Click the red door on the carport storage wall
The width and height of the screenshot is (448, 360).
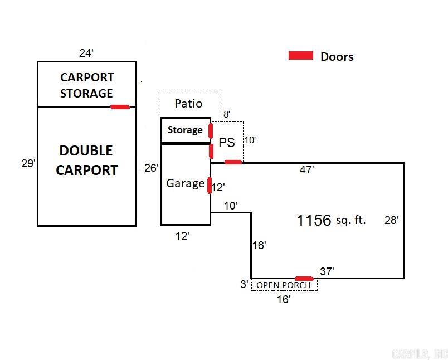click(120, 106)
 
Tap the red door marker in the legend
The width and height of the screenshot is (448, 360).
click(300, 55)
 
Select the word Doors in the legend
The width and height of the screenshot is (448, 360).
click(337, 56)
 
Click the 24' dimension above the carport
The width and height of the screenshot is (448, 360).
click(86, 53)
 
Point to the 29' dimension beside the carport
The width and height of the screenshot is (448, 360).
click(28, 164)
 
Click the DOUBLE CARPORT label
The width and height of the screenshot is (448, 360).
click(86, 160)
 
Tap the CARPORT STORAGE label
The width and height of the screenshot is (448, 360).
click(86, 85)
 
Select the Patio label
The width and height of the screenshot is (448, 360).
click(188, 103)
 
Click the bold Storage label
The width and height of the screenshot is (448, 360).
click(185, 130)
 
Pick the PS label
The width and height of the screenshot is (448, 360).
click(227, 142)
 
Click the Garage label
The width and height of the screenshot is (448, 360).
click(185, 183)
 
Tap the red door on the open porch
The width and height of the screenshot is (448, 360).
click(304, 278)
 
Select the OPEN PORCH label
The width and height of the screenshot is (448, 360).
click(284, 285)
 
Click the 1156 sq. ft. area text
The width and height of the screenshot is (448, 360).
click(331, 220)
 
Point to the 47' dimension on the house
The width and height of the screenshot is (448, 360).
click(306, 169)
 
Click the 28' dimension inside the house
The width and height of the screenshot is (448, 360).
click(391, 220)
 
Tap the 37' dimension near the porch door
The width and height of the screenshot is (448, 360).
click(327, 271)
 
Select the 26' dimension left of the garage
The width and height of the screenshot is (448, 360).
click(152, 167)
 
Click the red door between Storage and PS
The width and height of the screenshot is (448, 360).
click(211, 130)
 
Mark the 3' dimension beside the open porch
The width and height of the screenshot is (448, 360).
click(244, 285)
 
